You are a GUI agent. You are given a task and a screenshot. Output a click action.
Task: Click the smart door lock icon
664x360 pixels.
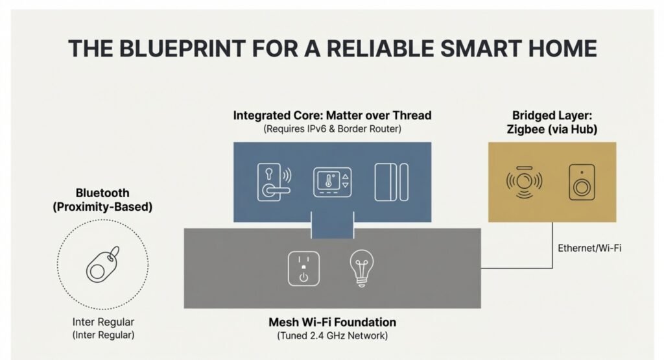274,182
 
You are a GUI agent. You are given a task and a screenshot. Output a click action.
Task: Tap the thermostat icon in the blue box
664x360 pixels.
333,182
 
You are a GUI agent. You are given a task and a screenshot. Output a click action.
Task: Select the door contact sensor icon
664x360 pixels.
391,182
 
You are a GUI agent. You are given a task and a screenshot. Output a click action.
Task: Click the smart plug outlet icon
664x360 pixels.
303,269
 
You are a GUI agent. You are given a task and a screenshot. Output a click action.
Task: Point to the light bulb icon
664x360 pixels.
362,269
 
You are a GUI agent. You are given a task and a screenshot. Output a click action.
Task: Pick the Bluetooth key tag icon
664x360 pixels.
103,264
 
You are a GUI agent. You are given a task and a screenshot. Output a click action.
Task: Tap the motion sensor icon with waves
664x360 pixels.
524,182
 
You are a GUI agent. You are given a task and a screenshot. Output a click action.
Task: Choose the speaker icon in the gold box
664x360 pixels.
582,182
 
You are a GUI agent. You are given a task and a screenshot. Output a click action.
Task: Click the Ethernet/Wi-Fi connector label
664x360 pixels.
589,248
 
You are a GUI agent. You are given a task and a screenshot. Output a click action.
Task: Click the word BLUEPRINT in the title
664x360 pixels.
182,48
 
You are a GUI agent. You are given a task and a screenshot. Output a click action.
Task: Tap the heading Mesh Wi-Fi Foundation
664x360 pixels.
333,322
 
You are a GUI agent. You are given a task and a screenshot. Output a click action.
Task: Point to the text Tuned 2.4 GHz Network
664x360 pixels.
333,336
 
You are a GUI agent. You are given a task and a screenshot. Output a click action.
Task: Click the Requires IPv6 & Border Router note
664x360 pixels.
333,128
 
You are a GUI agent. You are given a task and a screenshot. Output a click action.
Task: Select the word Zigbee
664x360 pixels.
525,129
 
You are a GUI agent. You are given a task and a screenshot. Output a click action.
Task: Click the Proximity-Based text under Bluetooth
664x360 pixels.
102,207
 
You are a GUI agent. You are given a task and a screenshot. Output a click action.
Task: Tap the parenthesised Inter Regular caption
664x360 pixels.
103,335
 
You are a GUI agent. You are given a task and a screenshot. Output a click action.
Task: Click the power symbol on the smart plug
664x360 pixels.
303,277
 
